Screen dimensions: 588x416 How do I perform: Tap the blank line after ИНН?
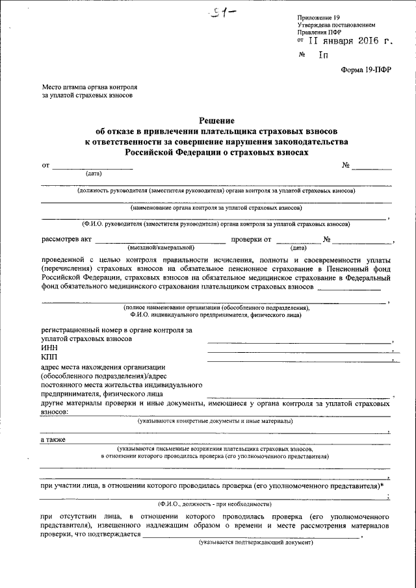pos(299,352)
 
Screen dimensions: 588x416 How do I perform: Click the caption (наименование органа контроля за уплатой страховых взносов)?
pos(216,208)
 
